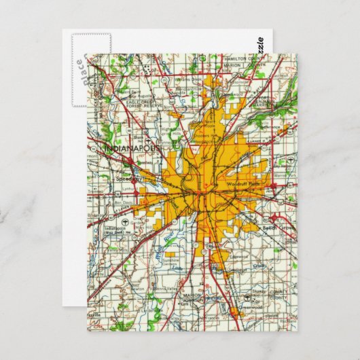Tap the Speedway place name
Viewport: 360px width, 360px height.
point(127,179)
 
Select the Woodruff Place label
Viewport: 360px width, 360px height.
point(242,184)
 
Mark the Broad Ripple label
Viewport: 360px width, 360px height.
point(201,127)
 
